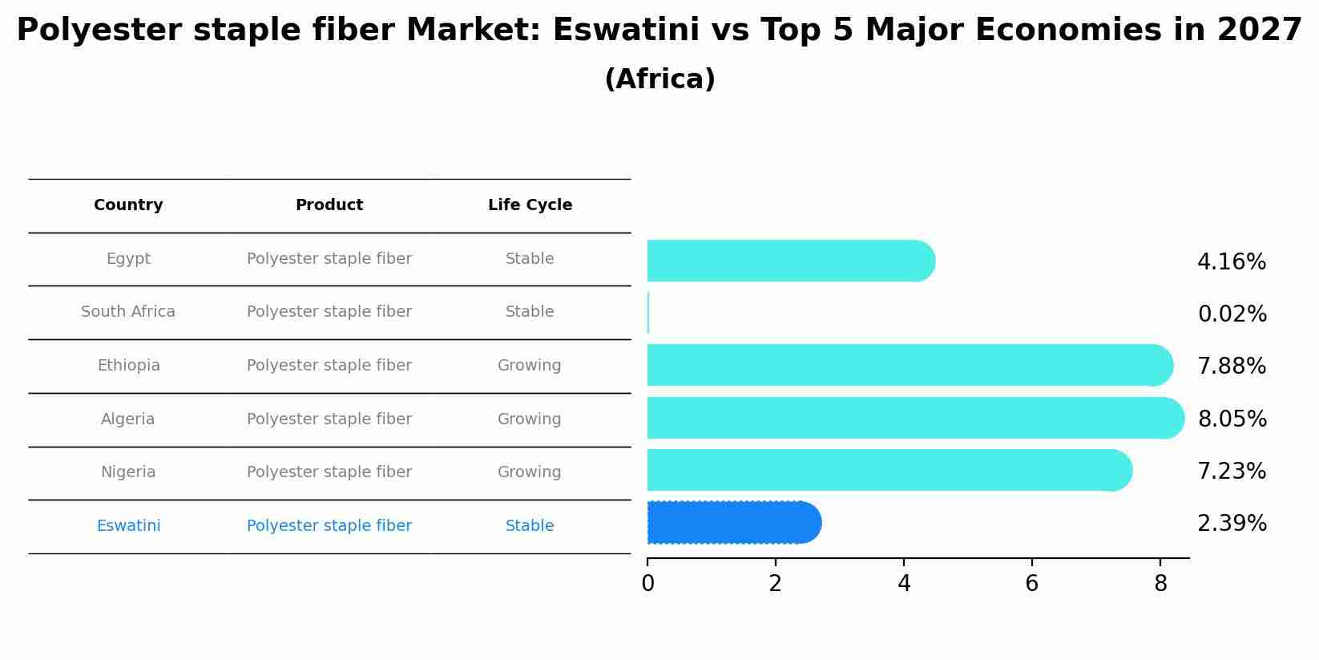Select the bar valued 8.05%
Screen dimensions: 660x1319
pos(914,418)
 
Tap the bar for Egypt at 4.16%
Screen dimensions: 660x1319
pos(789,261)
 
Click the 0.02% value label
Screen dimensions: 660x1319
pos(1232,314)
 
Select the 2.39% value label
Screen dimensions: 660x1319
pos(1232,524)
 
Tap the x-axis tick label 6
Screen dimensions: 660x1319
pos(1031,584)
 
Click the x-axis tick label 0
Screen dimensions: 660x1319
pos(647,584)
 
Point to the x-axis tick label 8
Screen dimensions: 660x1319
pos(1160,584)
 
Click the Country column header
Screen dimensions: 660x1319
pos(128,205)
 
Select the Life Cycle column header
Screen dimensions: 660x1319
pos(530,205)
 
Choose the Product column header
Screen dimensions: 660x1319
pos(329,205)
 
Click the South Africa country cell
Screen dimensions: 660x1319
pos(128,312)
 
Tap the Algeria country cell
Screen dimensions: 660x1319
pos(128,419)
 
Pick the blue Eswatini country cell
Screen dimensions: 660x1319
pos(128,526)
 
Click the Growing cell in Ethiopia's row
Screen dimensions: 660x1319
pos(529,366)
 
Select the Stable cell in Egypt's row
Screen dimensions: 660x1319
pos(529,259)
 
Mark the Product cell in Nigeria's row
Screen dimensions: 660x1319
pos(329,472)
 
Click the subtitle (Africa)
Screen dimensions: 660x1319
pos(659,79)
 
